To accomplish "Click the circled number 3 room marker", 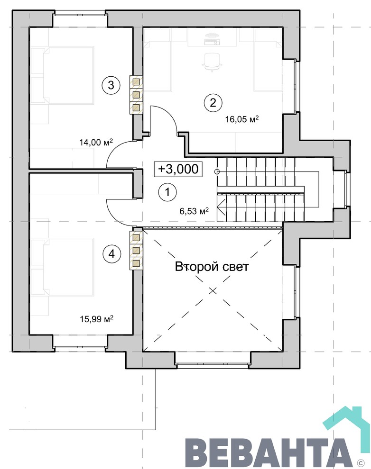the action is (x=111, y=85).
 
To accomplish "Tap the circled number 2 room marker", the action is (x=213, y=103).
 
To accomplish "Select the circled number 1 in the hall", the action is (x=167, y=192).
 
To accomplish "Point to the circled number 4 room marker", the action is (x=111, y=254).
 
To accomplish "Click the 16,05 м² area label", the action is (x=242, y=119).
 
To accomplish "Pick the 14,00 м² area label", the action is (x=96, y=142).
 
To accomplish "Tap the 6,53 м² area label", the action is (x=194, y=211).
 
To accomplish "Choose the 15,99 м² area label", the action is (x=96, y=319).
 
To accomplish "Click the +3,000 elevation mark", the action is (x=178, y=169).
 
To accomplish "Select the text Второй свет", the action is (x=212, y=267).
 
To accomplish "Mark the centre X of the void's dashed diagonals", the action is (x=213, y=290).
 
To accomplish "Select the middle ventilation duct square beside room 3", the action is (x=136, y=95).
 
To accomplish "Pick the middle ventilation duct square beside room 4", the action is (x=136, y=250).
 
